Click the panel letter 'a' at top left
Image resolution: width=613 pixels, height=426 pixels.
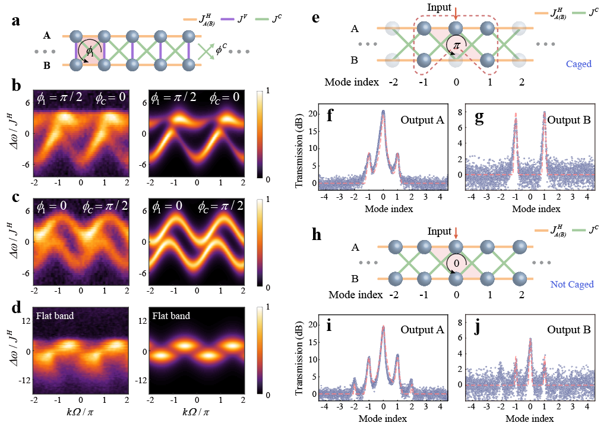(x=17, y=22)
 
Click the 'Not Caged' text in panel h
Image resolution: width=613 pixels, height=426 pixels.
(x=572, y=284)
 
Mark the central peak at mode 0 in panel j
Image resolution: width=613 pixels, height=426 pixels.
(x=530, y=339)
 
